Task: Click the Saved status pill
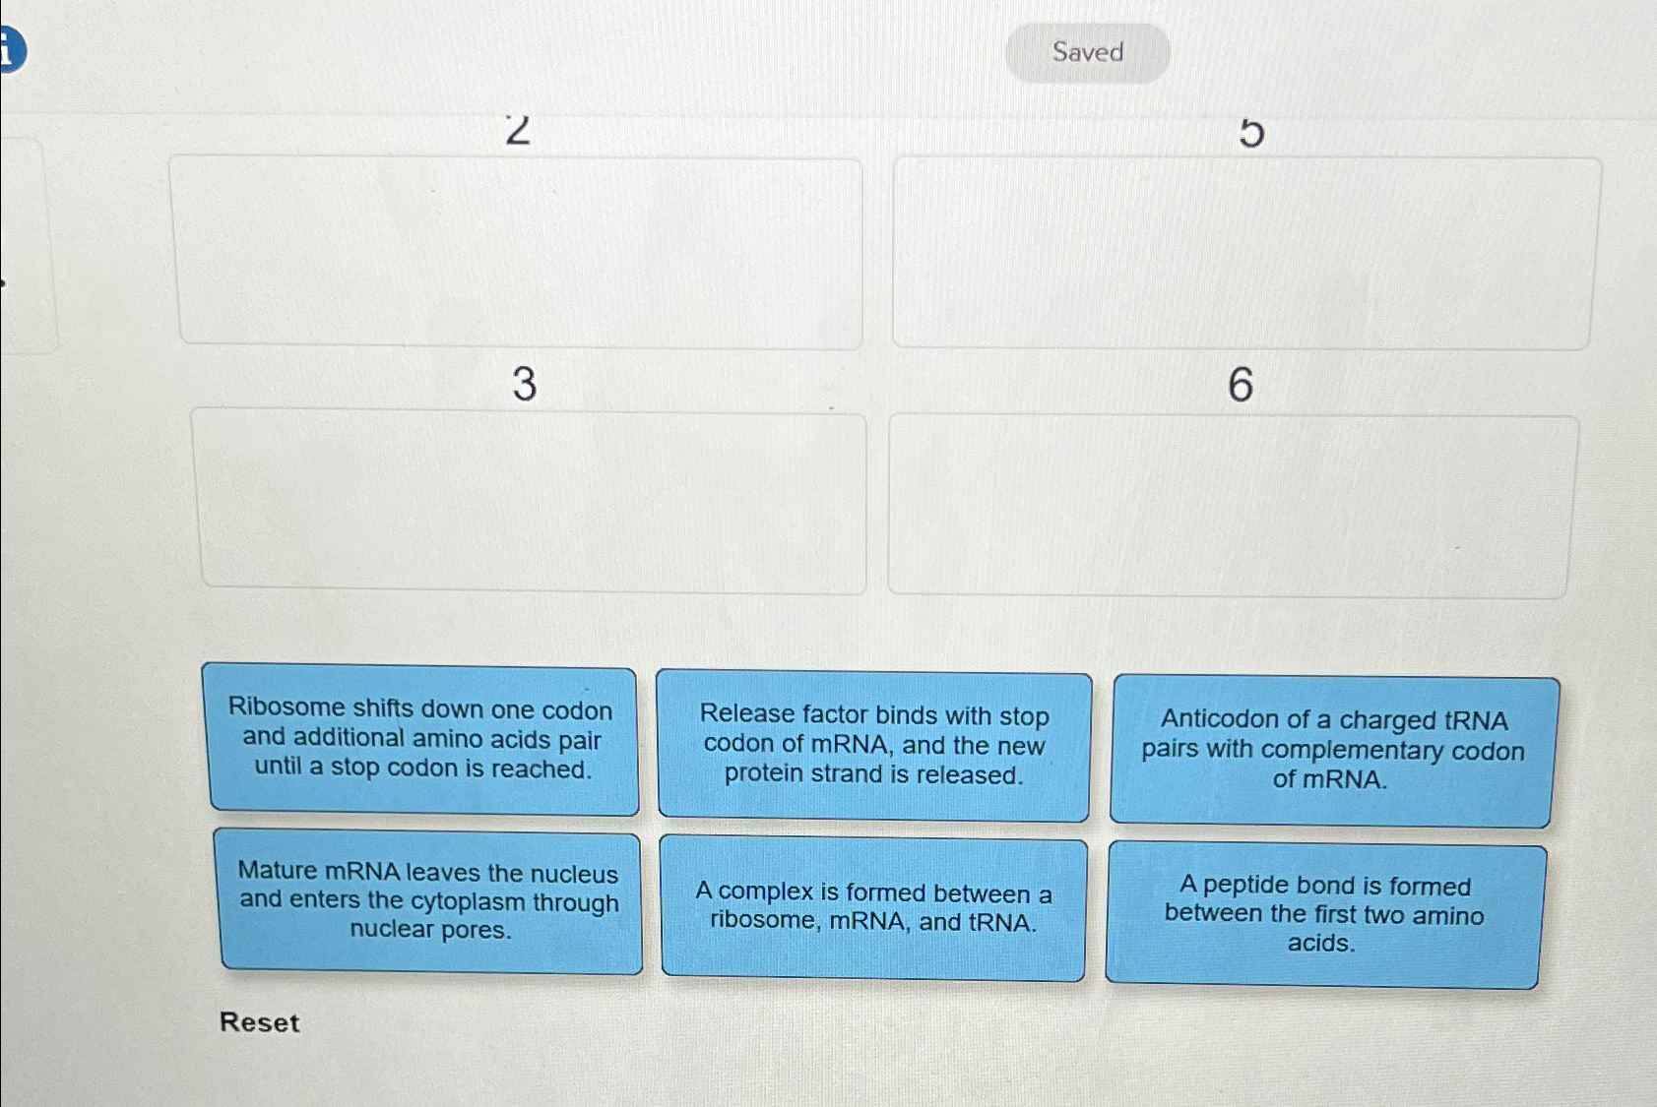1087,52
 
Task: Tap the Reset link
259,1022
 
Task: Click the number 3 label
524,383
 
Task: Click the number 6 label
1241,384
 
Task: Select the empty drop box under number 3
532,501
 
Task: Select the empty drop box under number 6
1231,506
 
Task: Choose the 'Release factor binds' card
873,746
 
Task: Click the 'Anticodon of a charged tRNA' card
1332,751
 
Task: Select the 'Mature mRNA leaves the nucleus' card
429,901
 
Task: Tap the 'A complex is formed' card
873,907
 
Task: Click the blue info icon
8,50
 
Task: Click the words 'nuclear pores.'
430,930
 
